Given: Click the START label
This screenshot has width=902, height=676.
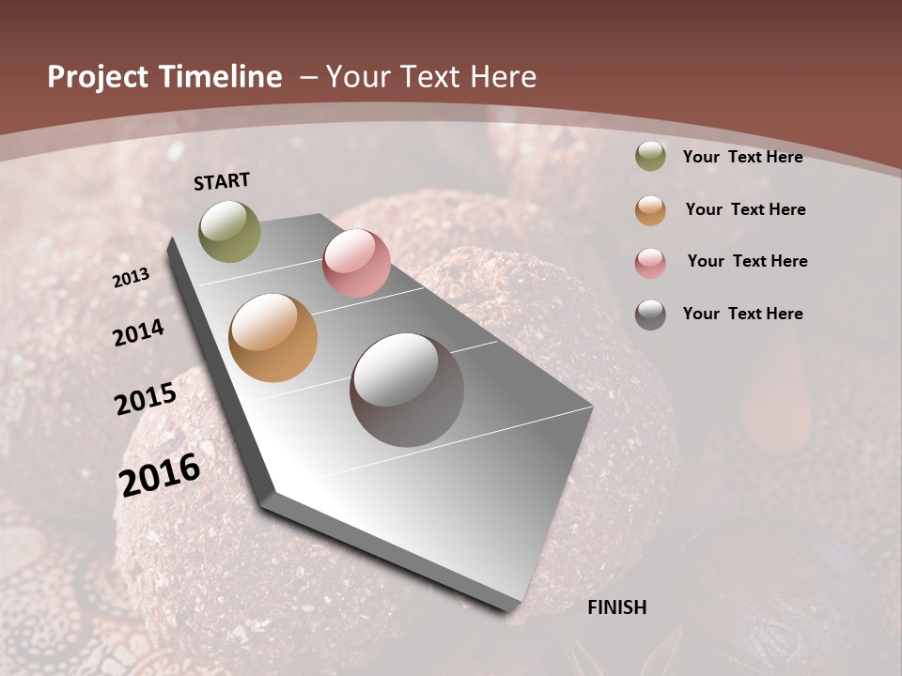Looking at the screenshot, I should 222,181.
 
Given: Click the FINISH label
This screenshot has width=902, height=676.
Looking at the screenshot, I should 616,607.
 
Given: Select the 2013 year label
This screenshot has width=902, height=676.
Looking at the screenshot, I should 132,278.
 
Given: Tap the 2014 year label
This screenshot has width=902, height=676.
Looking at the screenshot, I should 139,332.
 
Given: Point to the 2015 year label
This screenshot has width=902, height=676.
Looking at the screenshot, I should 146,399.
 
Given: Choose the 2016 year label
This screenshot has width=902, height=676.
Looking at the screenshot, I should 160,474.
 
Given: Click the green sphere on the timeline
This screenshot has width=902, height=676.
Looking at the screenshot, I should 230,231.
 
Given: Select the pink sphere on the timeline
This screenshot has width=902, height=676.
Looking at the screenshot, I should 356,263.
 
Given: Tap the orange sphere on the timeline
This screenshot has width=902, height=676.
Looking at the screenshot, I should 273,338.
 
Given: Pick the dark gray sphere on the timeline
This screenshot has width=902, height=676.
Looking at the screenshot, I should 407,390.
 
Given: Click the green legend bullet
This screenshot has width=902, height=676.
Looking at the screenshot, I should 650,157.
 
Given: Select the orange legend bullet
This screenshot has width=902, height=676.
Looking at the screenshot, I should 650,210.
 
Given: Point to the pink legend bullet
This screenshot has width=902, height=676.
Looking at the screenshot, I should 650,263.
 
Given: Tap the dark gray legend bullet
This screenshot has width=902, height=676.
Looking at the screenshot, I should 650,315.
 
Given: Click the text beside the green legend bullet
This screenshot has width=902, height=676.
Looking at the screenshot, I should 742,157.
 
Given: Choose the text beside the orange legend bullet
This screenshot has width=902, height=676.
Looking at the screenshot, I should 745,209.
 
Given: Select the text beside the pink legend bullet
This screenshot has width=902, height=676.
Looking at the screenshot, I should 747,261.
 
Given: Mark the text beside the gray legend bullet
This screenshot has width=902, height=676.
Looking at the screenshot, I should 742,314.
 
